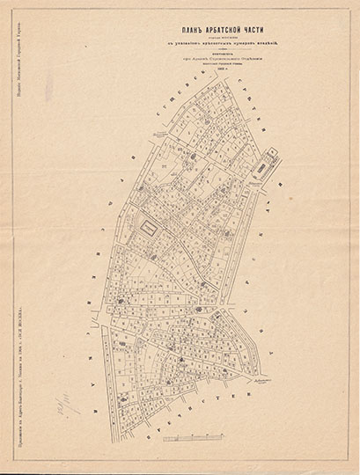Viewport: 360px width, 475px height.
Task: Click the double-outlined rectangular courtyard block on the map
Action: tap(151, 227)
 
